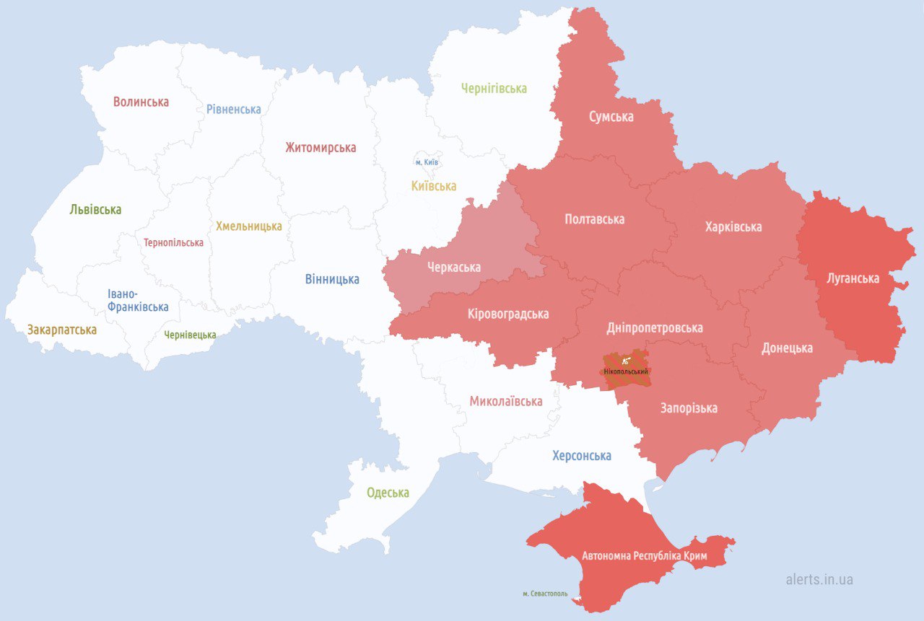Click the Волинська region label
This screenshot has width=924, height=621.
141,102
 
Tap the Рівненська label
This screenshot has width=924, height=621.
233,109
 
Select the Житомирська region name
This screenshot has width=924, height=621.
321,147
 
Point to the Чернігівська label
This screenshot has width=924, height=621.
494,88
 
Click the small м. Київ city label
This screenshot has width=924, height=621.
427,162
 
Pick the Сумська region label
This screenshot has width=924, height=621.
611,116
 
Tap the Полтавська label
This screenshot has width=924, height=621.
594,219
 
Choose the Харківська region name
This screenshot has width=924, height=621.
733,226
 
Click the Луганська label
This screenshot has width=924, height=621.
853,278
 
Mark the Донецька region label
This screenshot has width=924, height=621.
787,348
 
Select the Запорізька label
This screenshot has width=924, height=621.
689,408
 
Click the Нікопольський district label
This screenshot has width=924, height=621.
625,371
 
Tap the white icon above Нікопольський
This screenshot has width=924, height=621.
625,359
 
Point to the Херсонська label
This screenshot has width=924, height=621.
581,455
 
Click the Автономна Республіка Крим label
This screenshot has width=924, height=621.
644,556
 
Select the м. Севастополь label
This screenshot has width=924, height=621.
545,594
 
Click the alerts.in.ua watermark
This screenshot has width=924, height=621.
819,579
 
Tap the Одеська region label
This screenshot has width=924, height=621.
388,493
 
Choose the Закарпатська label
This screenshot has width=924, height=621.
62,330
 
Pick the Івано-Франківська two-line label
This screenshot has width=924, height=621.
138,300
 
